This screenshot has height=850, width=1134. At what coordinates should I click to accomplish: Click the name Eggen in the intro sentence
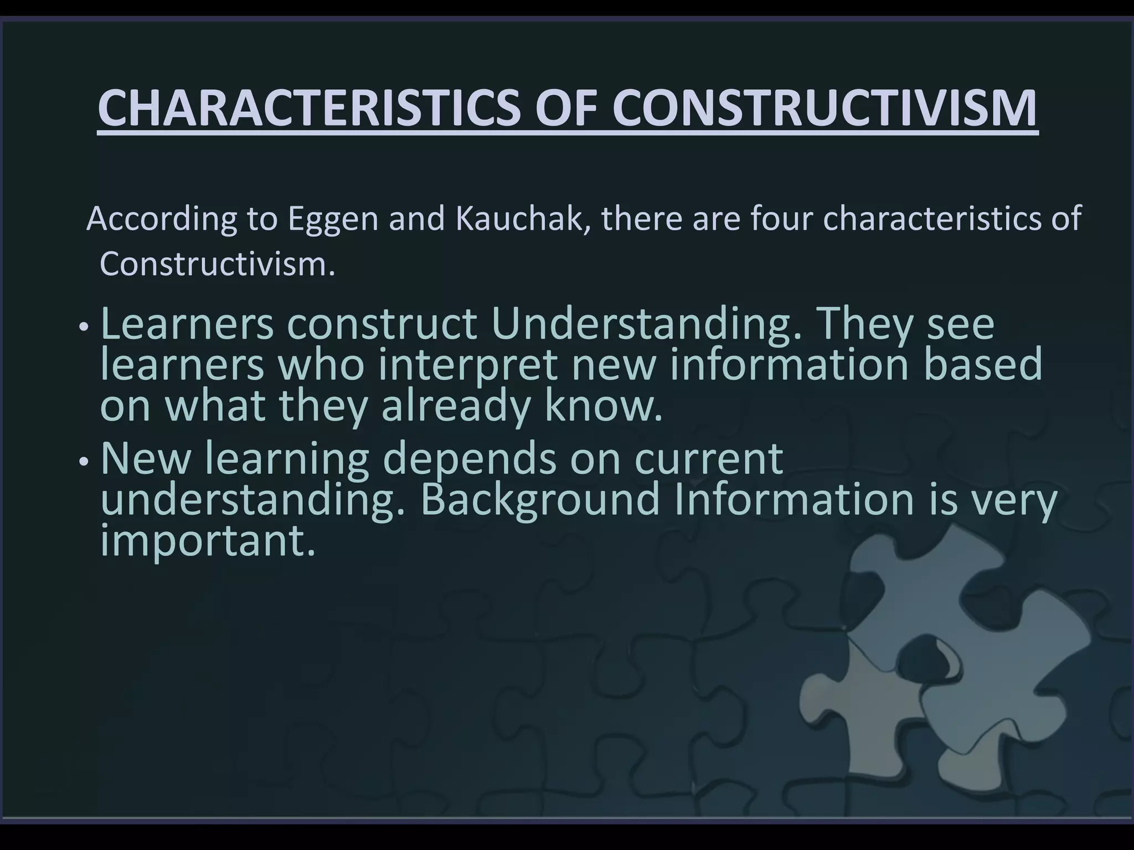coord(332,220)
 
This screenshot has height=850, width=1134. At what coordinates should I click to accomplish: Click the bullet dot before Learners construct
coord(83,327)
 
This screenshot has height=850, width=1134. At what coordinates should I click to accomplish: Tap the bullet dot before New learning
coord(83,460)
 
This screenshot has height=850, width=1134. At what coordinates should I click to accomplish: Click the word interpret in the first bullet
coord(467,366)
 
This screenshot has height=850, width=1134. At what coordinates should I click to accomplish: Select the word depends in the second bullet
coord(470,459)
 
